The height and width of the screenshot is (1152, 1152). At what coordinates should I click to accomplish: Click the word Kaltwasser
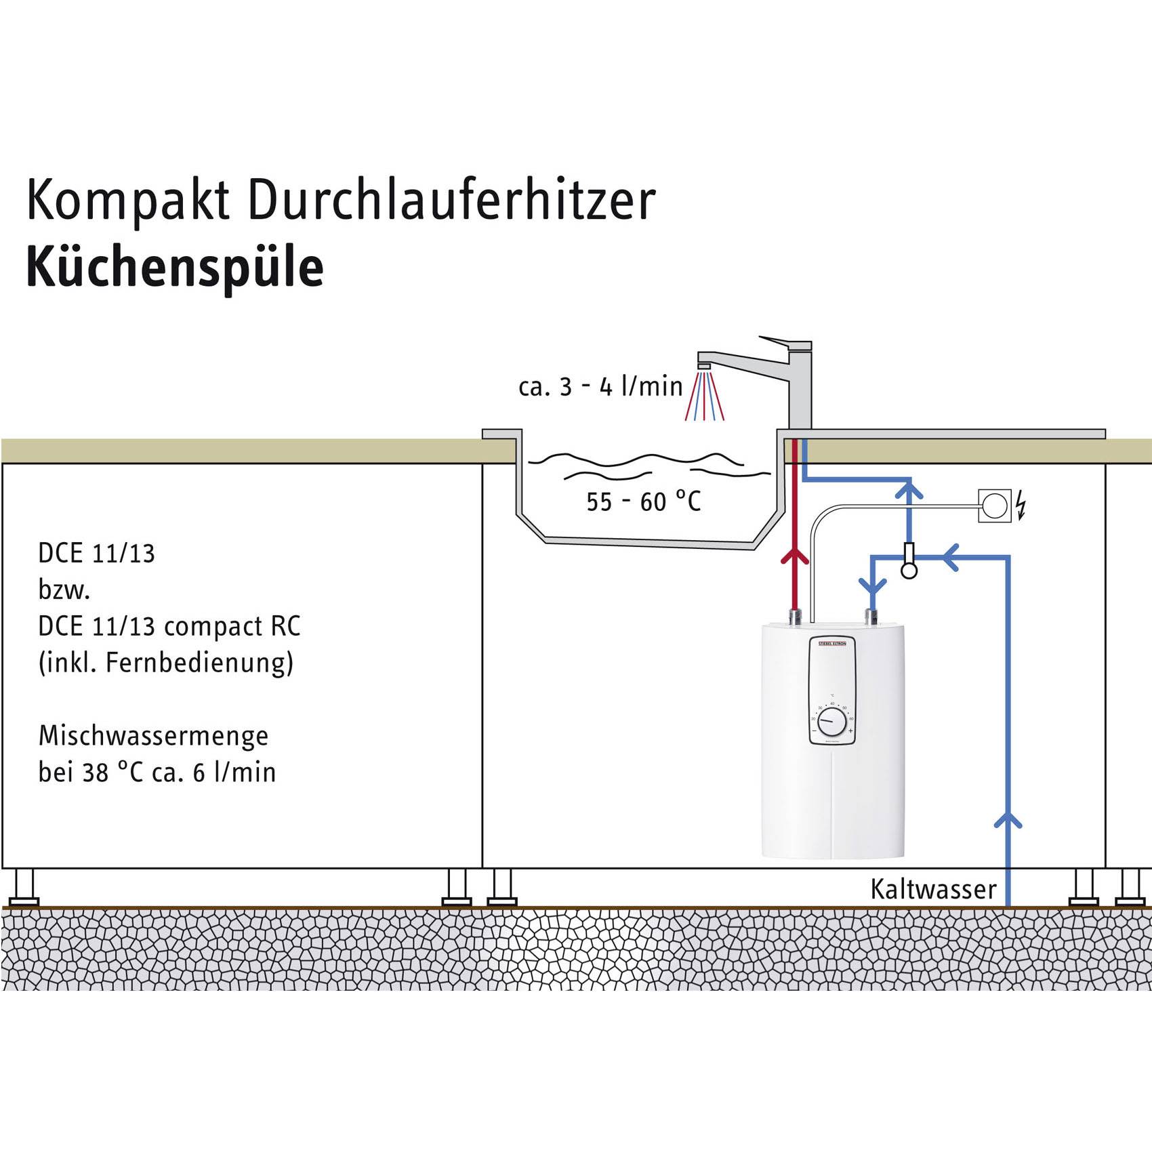click(x=933, y=889)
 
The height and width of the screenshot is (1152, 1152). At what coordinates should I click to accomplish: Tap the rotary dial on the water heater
click(x=831, y=724)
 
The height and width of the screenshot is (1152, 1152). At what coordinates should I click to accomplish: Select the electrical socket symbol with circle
click(x=995, y=506)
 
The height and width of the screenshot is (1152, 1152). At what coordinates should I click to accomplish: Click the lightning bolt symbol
click(x=1021, y=506)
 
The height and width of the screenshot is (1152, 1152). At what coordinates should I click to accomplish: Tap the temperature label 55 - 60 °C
click(x=643, y=502)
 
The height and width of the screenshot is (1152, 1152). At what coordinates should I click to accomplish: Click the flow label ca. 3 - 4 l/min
click(x=600, y=387)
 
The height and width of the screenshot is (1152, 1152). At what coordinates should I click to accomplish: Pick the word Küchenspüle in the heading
click(x=175, y=268)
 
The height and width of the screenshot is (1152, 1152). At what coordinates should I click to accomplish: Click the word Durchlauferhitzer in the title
click(x=452, y=201)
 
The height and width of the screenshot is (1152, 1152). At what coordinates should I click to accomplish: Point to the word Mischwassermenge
click(x=153, y=736)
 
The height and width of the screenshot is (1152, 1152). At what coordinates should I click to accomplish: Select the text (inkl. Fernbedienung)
click(x=166, y=662)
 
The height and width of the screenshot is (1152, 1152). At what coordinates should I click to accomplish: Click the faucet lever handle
click(x=785, y=343)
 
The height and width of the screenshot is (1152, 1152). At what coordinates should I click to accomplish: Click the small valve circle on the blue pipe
click(x=909, y=571)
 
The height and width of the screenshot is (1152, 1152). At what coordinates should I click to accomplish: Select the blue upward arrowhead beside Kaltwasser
click(x=1008, y=821)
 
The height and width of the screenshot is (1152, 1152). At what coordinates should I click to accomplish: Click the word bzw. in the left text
click(x=64, y=590)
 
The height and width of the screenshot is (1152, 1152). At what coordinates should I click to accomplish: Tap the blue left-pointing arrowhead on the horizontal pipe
click(x=951, y=557)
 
